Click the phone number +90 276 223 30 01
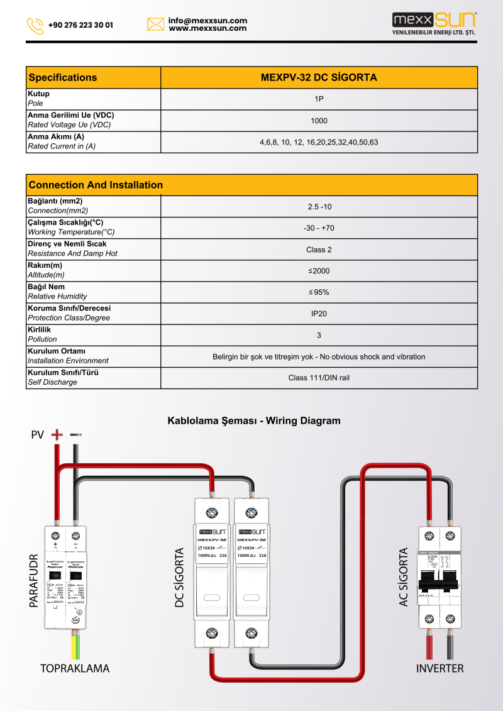[80, 26]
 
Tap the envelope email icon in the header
[155, 25]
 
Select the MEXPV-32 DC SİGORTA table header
[319, 77]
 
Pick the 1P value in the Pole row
[319, 99]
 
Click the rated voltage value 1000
[319, 121]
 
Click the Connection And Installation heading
[96, 185]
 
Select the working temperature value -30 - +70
[319, 228]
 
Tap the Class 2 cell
[319, 250]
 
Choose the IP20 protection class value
[319, 314]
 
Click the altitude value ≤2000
[319, 271]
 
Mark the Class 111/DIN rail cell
[319, 378]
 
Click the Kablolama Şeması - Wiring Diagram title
[253, 421]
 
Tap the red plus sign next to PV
[57, 434]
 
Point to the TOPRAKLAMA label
[74, 668]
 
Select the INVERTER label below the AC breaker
[439, 668]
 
